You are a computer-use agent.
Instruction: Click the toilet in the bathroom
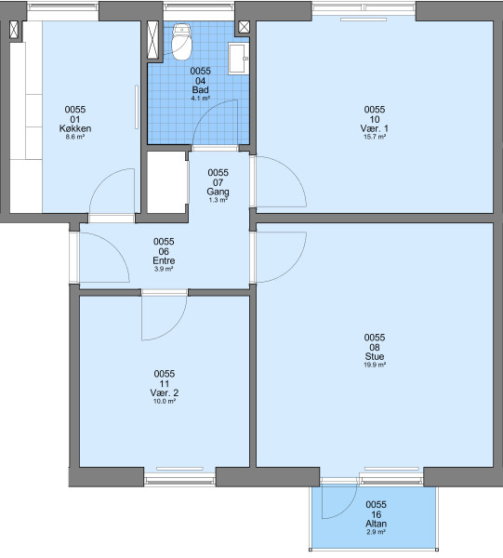(182, 42)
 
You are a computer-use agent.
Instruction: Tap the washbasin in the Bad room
(238, 59)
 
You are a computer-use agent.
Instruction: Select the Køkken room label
(75, 128)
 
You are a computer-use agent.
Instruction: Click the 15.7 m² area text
(375, 137)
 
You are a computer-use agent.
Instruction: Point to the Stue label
(375, 356)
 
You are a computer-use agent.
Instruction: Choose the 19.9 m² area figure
(375, 365)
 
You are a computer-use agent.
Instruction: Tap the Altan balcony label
(376, 524)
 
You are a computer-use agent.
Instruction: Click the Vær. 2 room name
(165, 392)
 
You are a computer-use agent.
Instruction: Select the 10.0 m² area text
(165, 402)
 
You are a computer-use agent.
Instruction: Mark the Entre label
(164, 260)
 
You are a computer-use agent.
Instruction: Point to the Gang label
(218, 192)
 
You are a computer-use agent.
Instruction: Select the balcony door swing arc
(350, 508)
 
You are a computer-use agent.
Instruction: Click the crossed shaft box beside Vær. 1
(244, 27)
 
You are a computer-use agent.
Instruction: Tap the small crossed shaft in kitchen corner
(14, 30)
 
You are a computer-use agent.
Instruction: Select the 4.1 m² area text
(201, 99)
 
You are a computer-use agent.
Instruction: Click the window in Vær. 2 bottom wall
(179, 477)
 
